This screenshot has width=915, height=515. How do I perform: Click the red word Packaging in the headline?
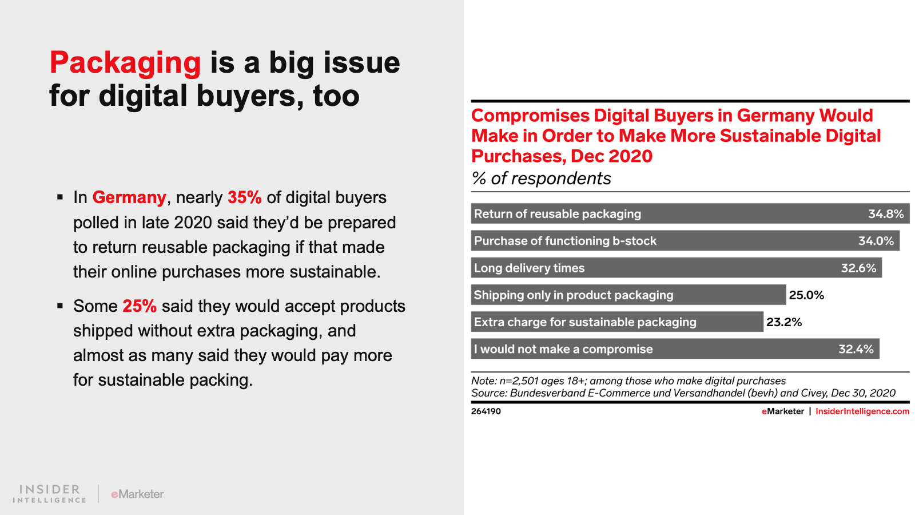coord(125,63)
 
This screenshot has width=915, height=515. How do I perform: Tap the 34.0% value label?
coord(876,241)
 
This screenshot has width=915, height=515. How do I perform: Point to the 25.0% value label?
coord(806,295)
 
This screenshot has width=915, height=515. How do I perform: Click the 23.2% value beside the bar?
coord(784,322)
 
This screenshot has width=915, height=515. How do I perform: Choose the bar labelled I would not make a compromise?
coord(675,349)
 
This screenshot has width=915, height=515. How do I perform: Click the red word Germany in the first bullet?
coord(129,197)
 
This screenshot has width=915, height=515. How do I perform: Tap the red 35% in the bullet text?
coord(244,197)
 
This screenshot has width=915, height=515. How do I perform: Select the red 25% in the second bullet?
coord(140,306)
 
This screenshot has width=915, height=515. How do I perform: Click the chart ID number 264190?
coord(486,411)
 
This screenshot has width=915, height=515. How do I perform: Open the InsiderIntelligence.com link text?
coord(862,411)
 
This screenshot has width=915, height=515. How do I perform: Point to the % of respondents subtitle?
coord(541,179)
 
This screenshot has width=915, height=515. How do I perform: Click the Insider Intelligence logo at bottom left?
coord(49,494)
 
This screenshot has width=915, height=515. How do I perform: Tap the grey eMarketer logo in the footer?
coord(137,494)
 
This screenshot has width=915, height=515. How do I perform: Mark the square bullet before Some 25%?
coord(60,306)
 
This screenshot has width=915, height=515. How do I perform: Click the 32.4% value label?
coord(856,349)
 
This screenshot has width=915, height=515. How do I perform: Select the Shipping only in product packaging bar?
coord(628,295)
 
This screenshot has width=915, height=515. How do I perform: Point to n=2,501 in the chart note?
coord(519,381)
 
